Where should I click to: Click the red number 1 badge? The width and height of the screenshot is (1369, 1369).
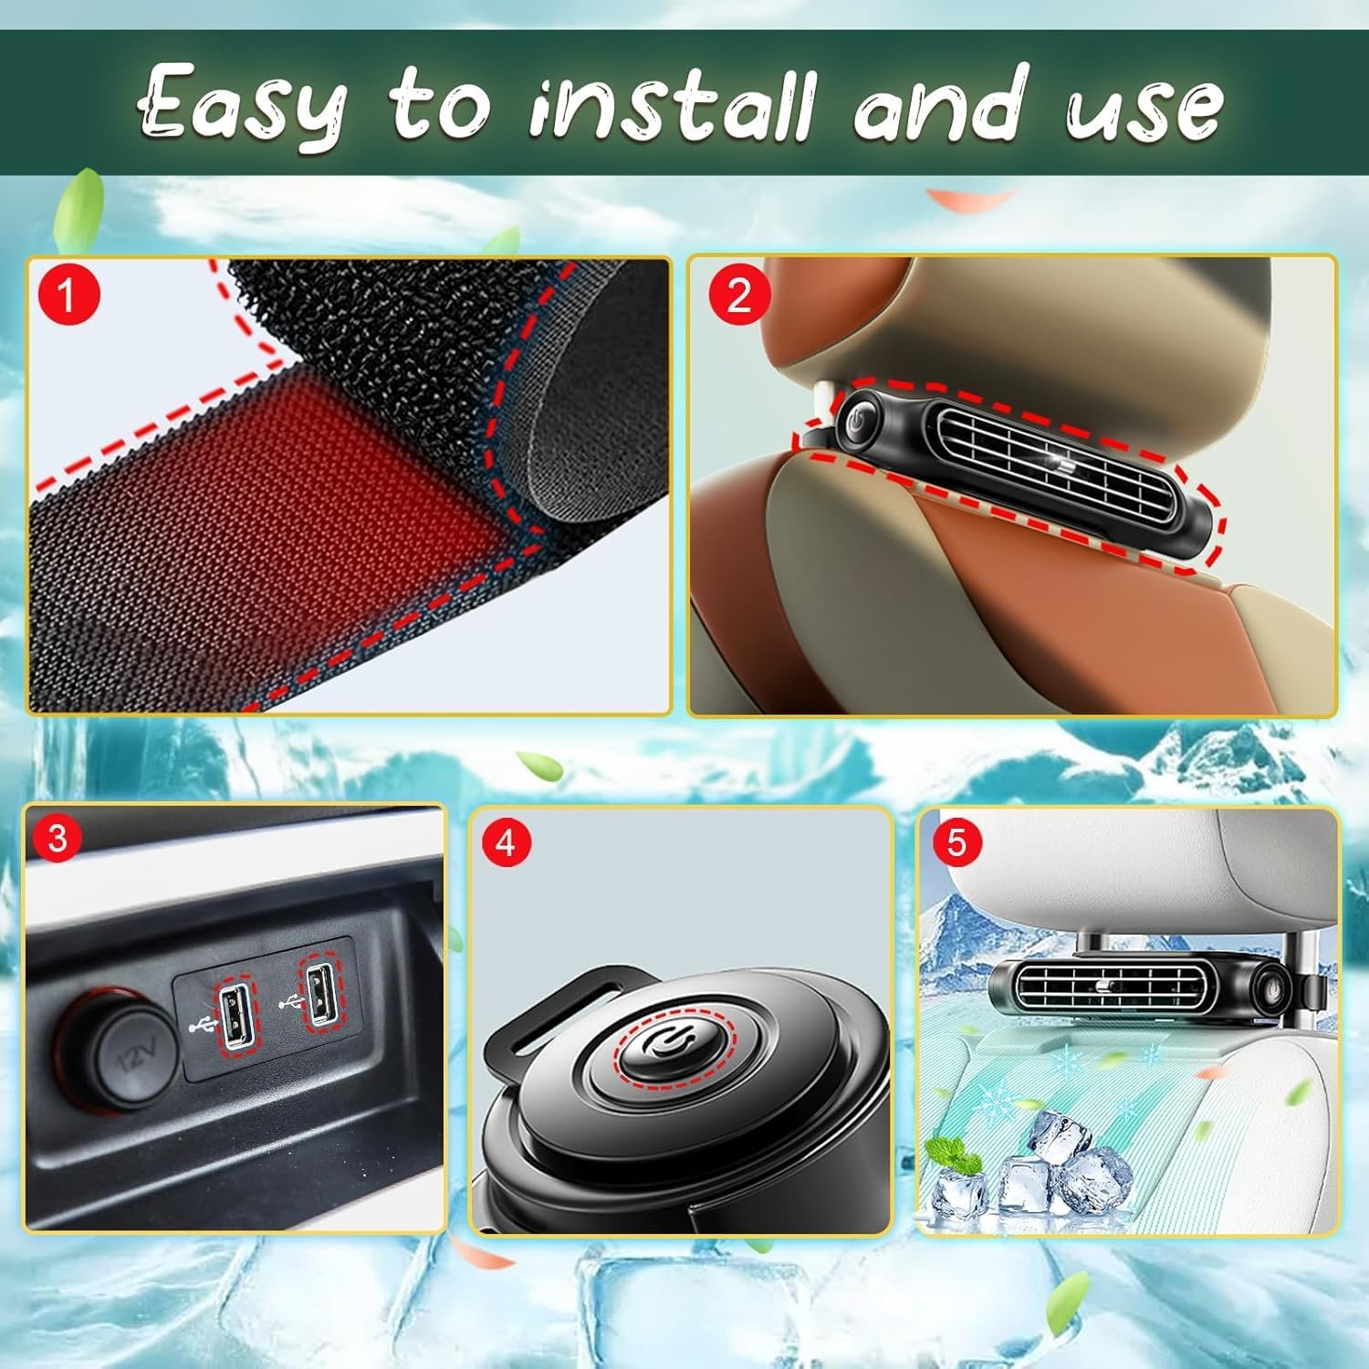tap(67, 295)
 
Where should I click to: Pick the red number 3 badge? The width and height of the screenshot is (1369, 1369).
tap(57, 837)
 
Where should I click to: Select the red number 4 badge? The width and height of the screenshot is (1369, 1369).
tap(505, 842)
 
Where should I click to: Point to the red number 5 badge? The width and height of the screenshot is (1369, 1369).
tap(956, 841)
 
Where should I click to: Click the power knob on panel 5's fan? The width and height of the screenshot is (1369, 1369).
tap(1271, 987)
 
